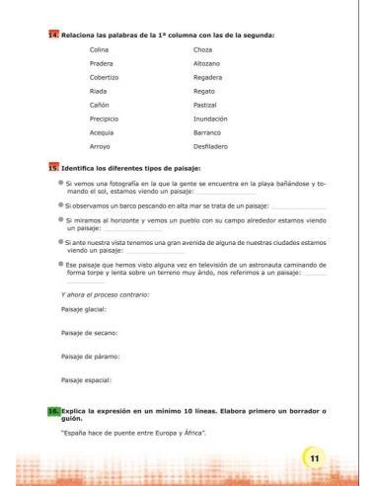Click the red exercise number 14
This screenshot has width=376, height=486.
pos(53,36)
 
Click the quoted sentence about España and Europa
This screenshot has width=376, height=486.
pos(131,434)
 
